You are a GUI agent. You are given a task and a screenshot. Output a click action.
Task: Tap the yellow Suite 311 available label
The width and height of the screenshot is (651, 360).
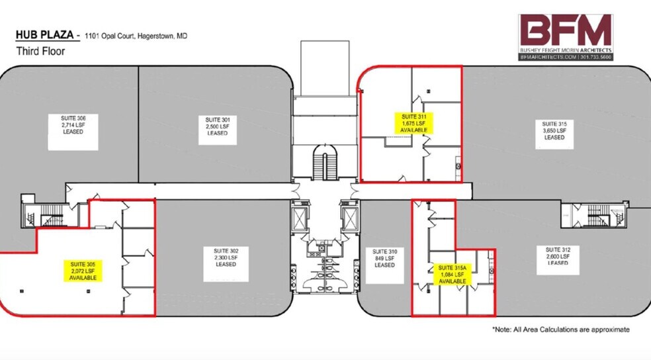[414, 123]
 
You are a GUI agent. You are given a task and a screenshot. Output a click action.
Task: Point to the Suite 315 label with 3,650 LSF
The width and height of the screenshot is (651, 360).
[554, 130]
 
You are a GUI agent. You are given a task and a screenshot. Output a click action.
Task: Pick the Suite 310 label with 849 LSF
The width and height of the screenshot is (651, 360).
[384, 258]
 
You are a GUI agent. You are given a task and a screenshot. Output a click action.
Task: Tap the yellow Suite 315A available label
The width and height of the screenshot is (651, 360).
[453, 274]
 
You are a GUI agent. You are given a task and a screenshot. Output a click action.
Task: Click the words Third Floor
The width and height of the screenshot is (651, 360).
[40, 51]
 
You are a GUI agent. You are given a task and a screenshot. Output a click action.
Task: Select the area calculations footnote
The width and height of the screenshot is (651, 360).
[560, 329]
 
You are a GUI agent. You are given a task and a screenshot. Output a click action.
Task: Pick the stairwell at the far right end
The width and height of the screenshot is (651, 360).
[599, 214]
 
